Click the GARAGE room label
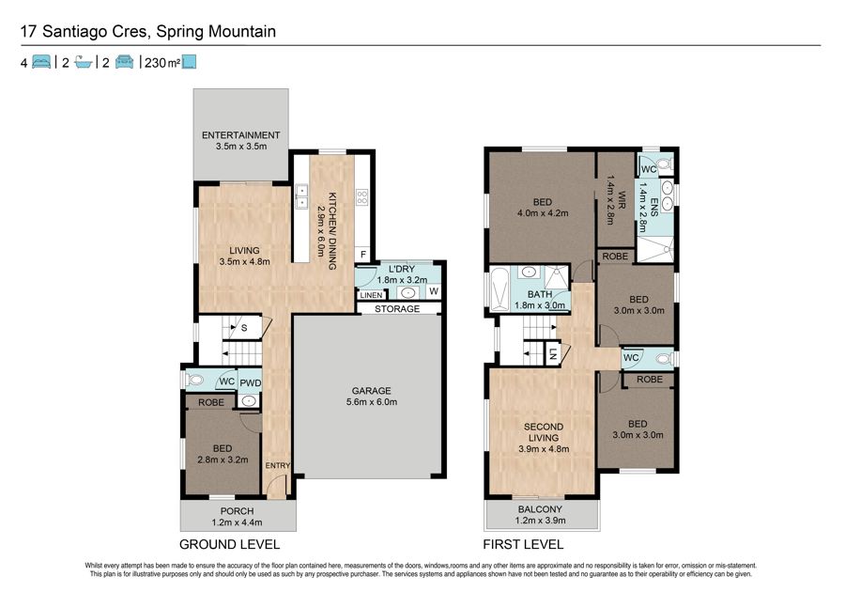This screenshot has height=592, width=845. (x=371, y=391)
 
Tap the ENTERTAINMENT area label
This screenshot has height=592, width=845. (x=241, y=135)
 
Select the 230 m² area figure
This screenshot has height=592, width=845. (x=162, y=63)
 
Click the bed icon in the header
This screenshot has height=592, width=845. (x=41, y=62)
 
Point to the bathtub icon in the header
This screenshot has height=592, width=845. (x=83, y=62)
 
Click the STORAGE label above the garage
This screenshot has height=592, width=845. (x=397, y=309)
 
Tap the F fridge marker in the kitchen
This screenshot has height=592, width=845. (x=363, y=255)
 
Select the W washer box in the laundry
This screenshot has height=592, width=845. (x=434, y=291)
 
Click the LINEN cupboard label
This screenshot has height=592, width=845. (x=371, y=295)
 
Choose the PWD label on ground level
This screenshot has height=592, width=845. (x=250, y=382)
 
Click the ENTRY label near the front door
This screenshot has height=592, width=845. (x=278, y=465)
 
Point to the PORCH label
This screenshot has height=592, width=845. (x=237, y=511)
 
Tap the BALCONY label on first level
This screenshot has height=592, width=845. (x=540, y=509)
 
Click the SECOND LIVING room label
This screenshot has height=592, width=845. (x=544, y=432)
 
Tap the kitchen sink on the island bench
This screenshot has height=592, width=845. (x=301, y=196)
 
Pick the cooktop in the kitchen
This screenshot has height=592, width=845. (x=362, y=196)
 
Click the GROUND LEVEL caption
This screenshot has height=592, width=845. (x=230, y=545)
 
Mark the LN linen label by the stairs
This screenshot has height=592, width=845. (x=552, y=353)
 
